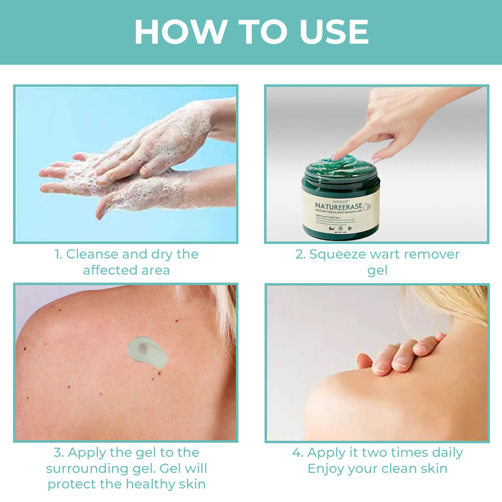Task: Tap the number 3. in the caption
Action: coord(59,453)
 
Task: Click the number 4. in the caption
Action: coord(298,453)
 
